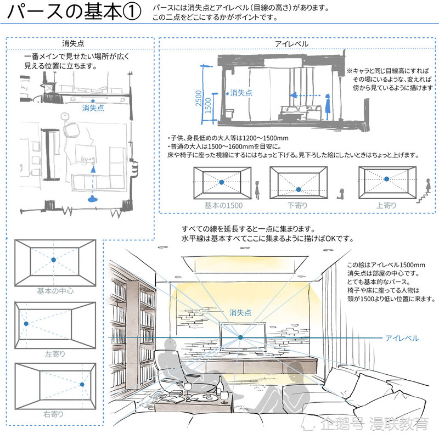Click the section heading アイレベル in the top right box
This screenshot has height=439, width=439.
coord(291,44)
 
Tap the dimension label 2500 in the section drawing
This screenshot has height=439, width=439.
coord(199,98)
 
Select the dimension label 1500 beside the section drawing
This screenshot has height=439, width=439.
coord(208,105)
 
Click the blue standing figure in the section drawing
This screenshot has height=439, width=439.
coord(328,107)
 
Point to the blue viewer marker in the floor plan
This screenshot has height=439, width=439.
coord(93,199)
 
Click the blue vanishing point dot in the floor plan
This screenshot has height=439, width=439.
coord(93,101)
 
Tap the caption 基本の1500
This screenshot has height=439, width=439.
coord(223,205)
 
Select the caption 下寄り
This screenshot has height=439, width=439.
coord(297,205)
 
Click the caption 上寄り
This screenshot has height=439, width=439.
coord(386,205)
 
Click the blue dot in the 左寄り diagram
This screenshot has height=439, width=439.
coord(26,324)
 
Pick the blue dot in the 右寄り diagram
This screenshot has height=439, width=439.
coord(82,385)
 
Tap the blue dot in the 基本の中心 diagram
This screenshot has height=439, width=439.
coord(53,260)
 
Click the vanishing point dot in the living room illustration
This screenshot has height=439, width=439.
coord(240,337)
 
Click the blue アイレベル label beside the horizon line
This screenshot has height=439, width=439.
coord(402,338)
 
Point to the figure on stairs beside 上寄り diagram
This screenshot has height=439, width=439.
coord(428,185)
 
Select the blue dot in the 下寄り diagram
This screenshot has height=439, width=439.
coord(299,189)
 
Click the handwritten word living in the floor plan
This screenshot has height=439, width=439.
coord(88,159)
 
